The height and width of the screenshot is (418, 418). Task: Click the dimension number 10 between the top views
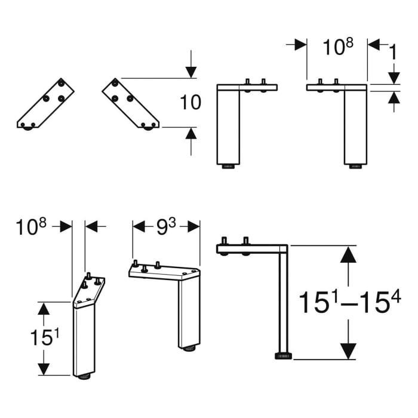pyautogui.click(x=190, y=102)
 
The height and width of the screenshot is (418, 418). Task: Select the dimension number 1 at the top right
pyautogui.click(x=392, y=53)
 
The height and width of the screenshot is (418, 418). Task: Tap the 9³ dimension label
pyautogui.click(x=165, y=226)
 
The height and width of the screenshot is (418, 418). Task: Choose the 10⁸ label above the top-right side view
pyautogui.click(x=337, y=47)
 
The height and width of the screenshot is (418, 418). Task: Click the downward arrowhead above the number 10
pyautogui.click(x=190, y=71)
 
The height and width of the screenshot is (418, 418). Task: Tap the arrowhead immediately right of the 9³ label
pyautogui.click(x=192, y=226)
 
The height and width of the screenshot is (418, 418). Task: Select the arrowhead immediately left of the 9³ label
pyautogui.click(x=139, y=226)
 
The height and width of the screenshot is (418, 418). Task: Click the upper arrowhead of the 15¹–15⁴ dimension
pyautogui.click(x=348, y=256)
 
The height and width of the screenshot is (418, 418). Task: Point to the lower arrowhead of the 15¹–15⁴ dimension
pyautogui.click(x=348, y=351)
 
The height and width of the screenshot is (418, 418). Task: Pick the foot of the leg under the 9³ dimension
pyautogui.click(x=188, y=348)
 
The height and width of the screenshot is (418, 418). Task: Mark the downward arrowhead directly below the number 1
pyautogui.click(x=394, y=77)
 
